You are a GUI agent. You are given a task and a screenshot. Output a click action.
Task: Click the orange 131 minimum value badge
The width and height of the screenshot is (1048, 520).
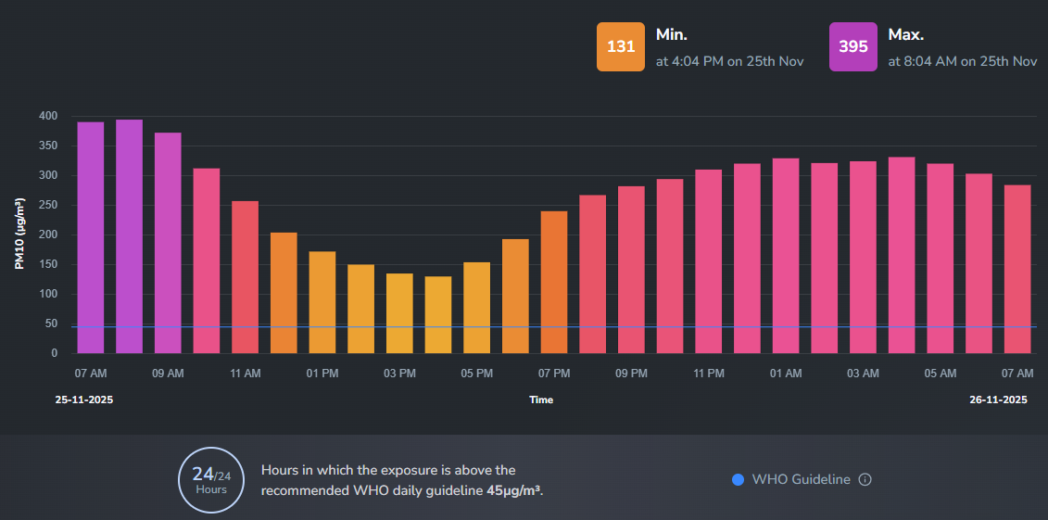tap(621, 46)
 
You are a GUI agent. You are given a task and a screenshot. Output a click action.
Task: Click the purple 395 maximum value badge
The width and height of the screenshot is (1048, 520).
tap(853, 46)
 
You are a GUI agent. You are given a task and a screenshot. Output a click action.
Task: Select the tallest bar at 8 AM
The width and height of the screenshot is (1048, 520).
tap(129, 236)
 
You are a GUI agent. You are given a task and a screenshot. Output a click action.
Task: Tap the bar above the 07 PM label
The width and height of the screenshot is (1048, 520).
tap(554, 282)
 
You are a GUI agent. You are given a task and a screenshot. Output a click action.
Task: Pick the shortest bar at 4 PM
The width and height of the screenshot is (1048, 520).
tap(438, 314)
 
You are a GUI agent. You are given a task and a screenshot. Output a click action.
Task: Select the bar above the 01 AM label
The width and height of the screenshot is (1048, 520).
tap(786, 256)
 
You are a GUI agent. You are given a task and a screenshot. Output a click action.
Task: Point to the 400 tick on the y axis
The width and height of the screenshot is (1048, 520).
tap(48, 116)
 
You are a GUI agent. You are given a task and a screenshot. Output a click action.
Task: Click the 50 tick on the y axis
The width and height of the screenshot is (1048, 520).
tap(51, 323)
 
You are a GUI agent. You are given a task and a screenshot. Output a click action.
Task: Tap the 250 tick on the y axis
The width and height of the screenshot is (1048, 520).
tap(48, 205)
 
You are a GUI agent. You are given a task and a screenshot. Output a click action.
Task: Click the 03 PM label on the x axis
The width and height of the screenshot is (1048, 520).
tap(399, 374)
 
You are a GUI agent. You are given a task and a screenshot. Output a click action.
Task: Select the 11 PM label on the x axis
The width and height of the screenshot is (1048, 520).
tap(709, 374)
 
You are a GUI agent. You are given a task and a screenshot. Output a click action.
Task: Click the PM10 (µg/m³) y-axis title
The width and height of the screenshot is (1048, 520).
tap(19, 235)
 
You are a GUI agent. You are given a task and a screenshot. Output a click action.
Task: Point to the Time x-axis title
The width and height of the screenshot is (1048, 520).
tap(541, 400)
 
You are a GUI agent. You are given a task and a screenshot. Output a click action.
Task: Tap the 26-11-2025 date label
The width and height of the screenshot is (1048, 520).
tap(998, 400)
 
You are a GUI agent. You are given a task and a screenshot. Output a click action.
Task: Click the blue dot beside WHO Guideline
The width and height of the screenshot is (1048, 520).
tap(738, 479)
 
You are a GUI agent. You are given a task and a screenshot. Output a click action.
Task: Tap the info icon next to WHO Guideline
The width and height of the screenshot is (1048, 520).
tap(865, 479)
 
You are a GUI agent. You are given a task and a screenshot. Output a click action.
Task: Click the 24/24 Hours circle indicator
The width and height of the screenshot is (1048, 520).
tap(211, 479)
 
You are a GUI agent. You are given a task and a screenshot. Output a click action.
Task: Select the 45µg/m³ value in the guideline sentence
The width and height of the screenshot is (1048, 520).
tap(513, 489)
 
